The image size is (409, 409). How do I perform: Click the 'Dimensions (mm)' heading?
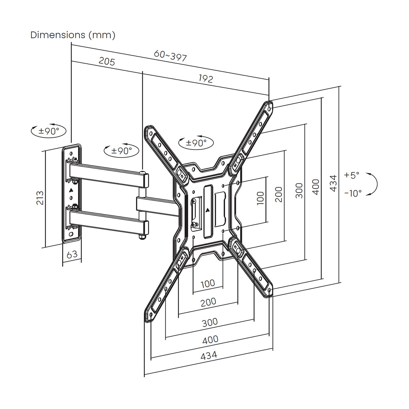(73, 35)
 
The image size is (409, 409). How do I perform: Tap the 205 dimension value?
(107, 61)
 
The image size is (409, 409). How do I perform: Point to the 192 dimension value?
(206, 79)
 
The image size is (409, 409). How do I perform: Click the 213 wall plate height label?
(40, 197)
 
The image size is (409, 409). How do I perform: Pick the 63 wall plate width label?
(72, 254)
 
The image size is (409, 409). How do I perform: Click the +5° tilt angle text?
(351, 175)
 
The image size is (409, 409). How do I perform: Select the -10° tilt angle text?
(353, 193)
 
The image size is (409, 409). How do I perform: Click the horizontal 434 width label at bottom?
(209, 355)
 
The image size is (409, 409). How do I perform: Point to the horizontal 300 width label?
(210, 322)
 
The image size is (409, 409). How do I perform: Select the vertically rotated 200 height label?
(279, 194)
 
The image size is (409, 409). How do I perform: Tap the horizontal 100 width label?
(208, 283)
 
